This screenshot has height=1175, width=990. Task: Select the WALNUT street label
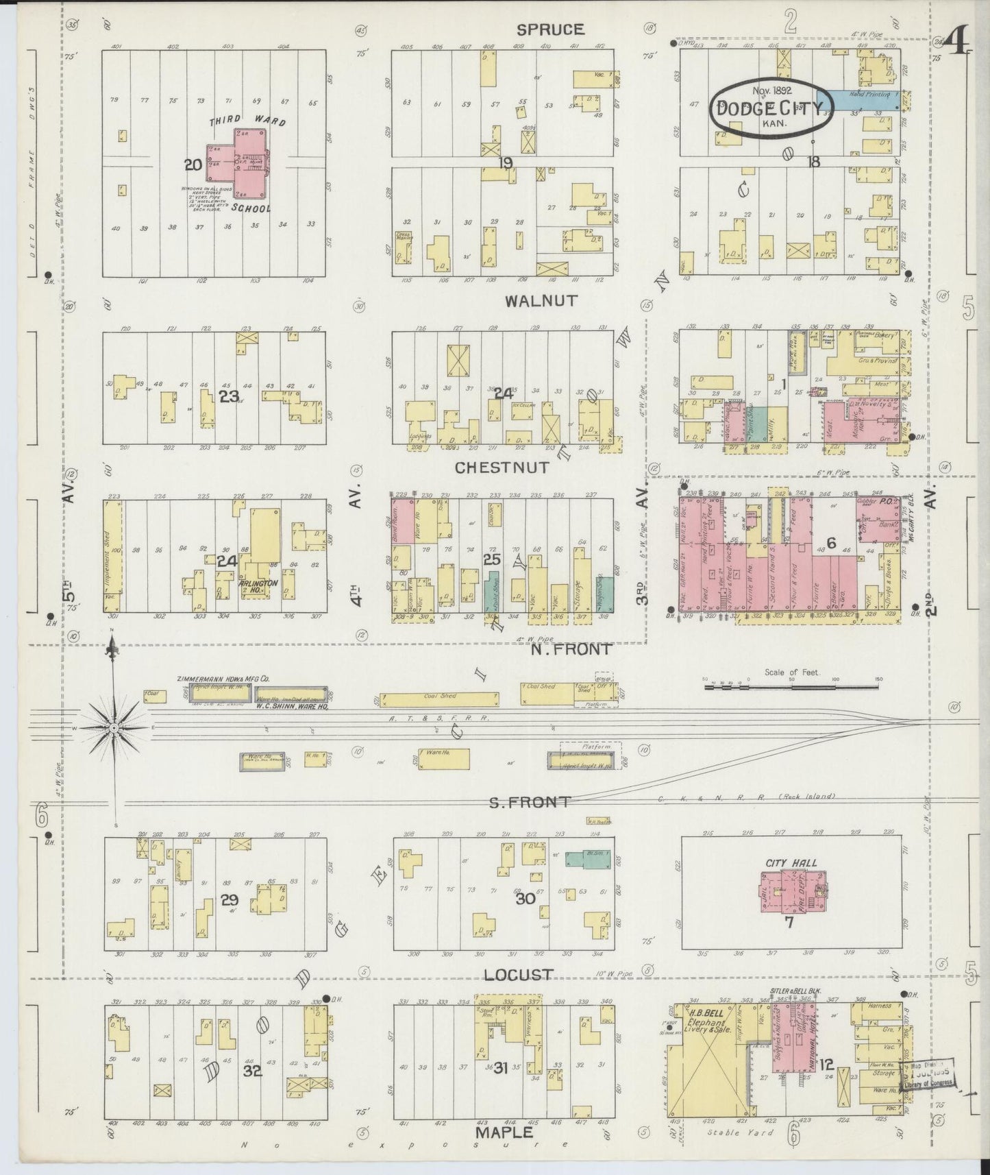point(542,301)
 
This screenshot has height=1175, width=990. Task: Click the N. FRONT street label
point(571,648)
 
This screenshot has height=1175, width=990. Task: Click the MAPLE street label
point(503,1132)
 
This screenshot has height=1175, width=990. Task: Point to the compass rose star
point(114,727)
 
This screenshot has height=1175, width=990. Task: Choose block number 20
point(192,165)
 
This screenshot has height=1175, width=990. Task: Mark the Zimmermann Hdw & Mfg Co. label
point(223,678)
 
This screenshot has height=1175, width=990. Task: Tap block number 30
point(525,898)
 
